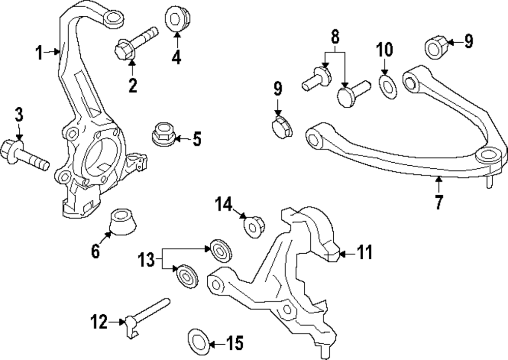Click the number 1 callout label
pyautogui.click(x=39, y=52)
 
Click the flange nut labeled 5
pyautogui.click(x=163, y=135)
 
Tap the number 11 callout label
pyautogui.click(x=364, y=252)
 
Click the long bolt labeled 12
pyautogui.click(x=147, y=315)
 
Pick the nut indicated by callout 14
pyautogui.click(x=252, y=226)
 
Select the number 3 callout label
pyautogui.click(x=18, y=115)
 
